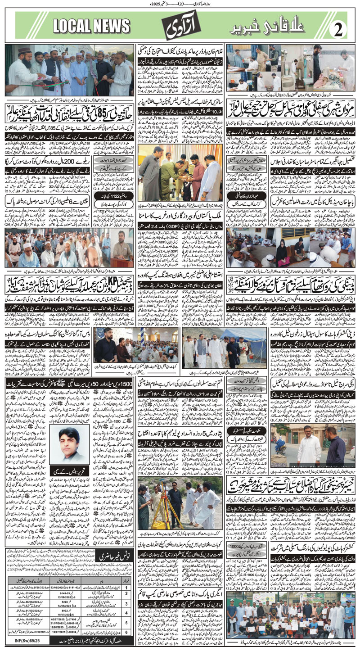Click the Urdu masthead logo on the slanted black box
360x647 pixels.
point(180,28)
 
